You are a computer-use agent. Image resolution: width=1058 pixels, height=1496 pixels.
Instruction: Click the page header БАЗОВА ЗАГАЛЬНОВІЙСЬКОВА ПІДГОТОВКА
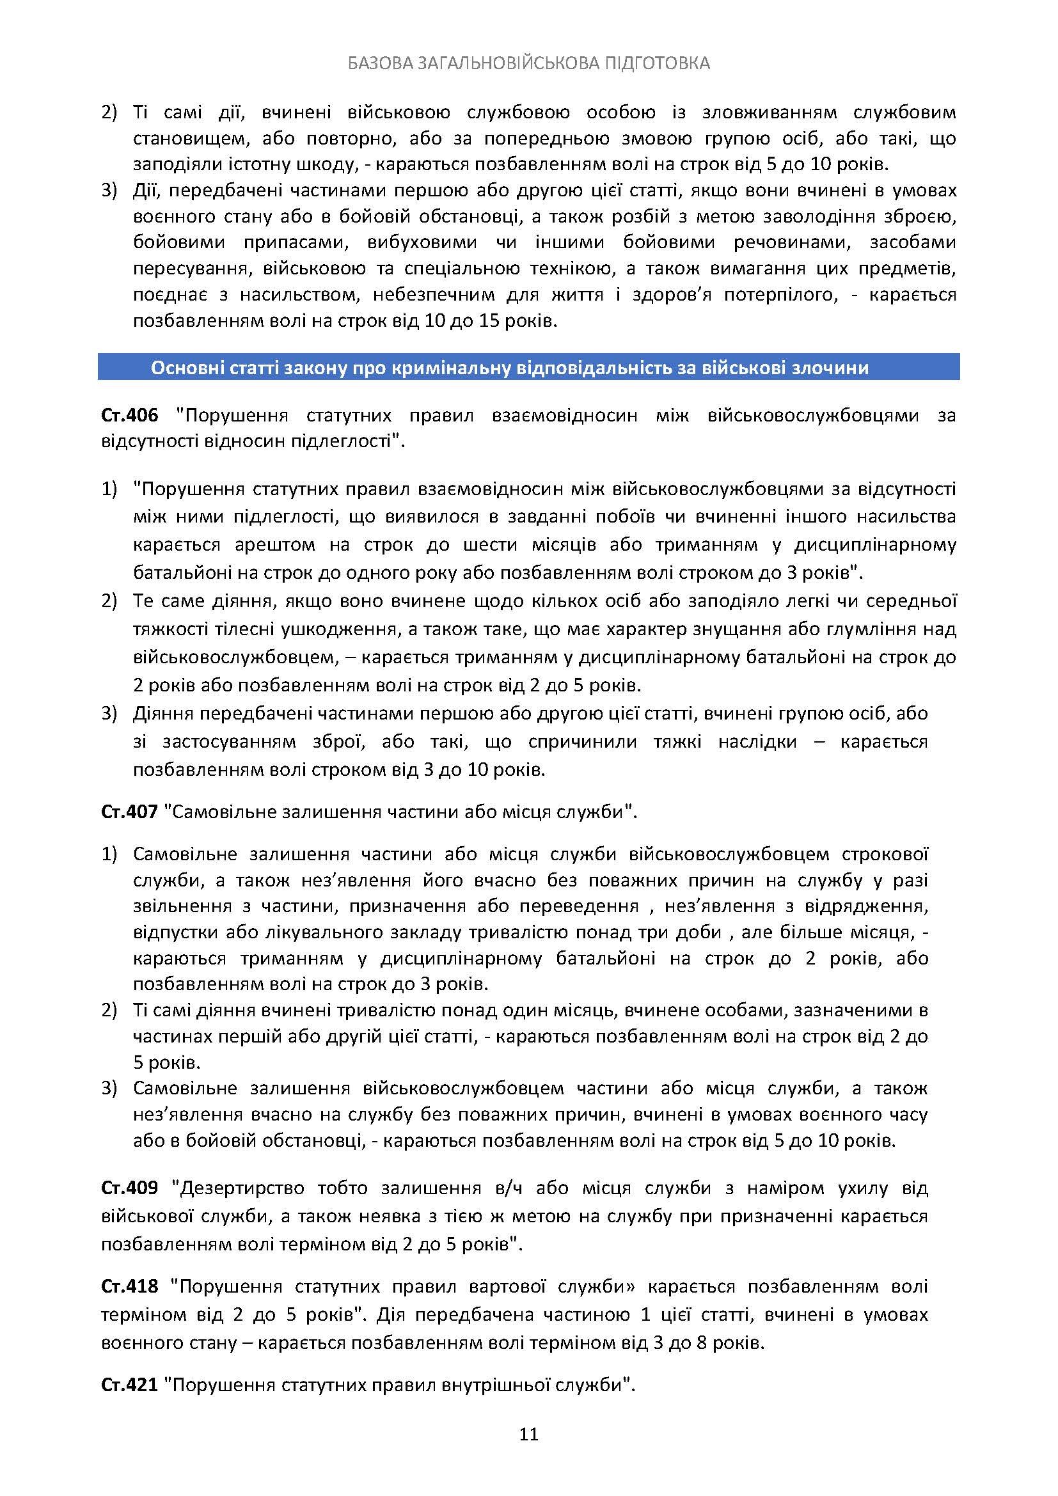528,63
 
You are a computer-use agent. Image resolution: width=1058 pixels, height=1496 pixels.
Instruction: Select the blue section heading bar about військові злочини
528,368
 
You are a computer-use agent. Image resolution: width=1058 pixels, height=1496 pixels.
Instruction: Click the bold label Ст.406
130,415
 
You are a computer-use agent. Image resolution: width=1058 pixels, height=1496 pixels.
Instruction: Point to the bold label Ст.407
130,811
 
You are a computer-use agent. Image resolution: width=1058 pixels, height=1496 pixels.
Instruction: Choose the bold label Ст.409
130,1187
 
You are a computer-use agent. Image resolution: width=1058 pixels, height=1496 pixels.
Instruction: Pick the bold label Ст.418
130,1286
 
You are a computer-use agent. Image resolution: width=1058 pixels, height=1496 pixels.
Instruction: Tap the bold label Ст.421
130,1385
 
